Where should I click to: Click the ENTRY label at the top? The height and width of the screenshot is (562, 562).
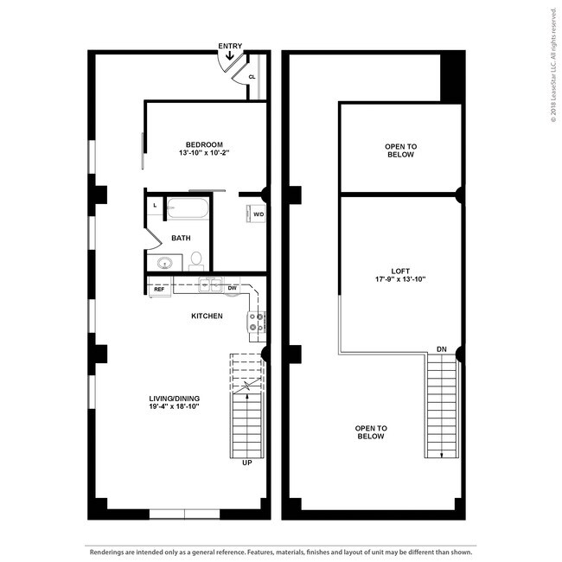click(x=230, y=45)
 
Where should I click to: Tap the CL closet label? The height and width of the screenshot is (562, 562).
click(x=252, y=77)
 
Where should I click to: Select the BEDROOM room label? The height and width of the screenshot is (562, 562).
click(x=204, y=144)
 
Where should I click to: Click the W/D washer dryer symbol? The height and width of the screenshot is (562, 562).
click(x=258, y=213)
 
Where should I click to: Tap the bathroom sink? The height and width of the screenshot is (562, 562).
click(x=164, y=263)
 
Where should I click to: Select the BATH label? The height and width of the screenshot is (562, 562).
click(x=181, y=238)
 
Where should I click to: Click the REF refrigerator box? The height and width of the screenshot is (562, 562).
click(x=159, y=290)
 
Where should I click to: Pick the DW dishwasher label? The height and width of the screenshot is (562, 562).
click(x=233, y=288)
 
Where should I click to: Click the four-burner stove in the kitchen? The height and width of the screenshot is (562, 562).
click(x=257, y=322)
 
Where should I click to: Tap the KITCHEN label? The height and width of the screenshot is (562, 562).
click(x=207, y=316)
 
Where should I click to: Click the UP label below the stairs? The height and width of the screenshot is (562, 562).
click(x=247, y=463)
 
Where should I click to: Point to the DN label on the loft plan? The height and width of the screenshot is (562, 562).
click(x=441, y=349)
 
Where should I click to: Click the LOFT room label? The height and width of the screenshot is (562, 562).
click(x=399, y=269)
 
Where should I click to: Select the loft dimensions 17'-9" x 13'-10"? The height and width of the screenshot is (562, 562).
click(x=399, y=278)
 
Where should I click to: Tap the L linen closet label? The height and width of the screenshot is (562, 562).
click(x=155, y=205)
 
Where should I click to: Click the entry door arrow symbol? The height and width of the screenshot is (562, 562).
click(x=230, y=57)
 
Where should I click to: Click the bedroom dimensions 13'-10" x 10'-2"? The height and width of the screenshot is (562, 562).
click(x=204, y=153)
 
